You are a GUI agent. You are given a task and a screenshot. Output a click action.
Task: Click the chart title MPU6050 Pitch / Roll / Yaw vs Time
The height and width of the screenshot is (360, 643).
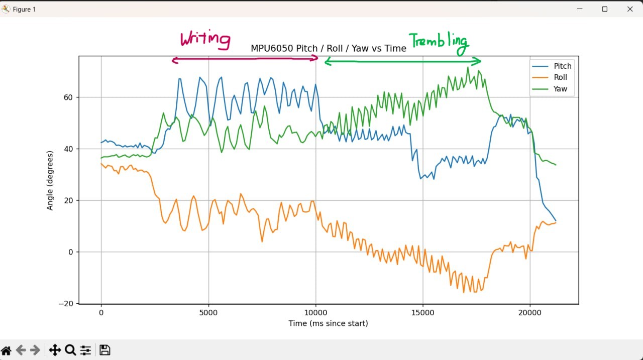(328, 48)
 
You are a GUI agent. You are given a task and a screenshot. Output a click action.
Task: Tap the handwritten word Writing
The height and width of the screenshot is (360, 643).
(205, 39)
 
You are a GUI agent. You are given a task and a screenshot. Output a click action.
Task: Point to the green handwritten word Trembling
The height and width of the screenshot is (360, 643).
(439, 43)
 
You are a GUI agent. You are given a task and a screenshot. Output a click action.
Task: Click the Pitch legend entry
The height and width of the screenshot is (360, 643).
(562, 66)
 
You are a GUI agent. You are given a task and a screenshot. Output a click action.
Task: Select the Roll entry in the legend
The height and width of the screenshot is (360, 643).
(560, 77)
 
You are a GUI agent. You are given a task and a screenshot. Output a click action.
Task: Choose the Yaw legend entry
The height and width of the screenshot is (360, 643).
(560, 89)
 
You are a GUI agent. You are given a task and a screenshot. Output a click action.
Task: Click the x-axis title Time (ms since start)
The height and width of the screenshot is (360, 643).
(328, 323)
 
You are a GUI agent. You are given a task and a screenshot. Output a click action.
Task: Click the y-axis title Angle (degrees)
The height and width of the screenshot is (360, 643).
(50, 180)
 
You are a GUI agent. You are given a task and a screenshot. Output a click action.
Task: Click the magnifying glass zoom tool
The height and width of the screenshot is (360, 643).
(70, 350)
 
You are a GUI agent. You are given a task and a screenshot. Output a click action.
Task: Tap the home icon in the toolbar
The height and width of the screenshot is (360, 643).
(6, 350)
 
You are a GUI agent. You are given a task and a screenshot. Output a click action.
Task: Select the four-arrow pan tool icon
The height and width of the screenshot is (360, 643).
(54, 350)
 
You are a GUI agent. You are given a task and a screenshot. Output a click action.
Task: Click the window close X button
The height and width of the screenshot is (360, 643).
(630, 9)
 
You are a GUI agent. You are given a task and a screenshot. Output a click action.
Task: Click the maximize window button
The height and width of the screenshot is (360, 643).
(605, 9)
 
